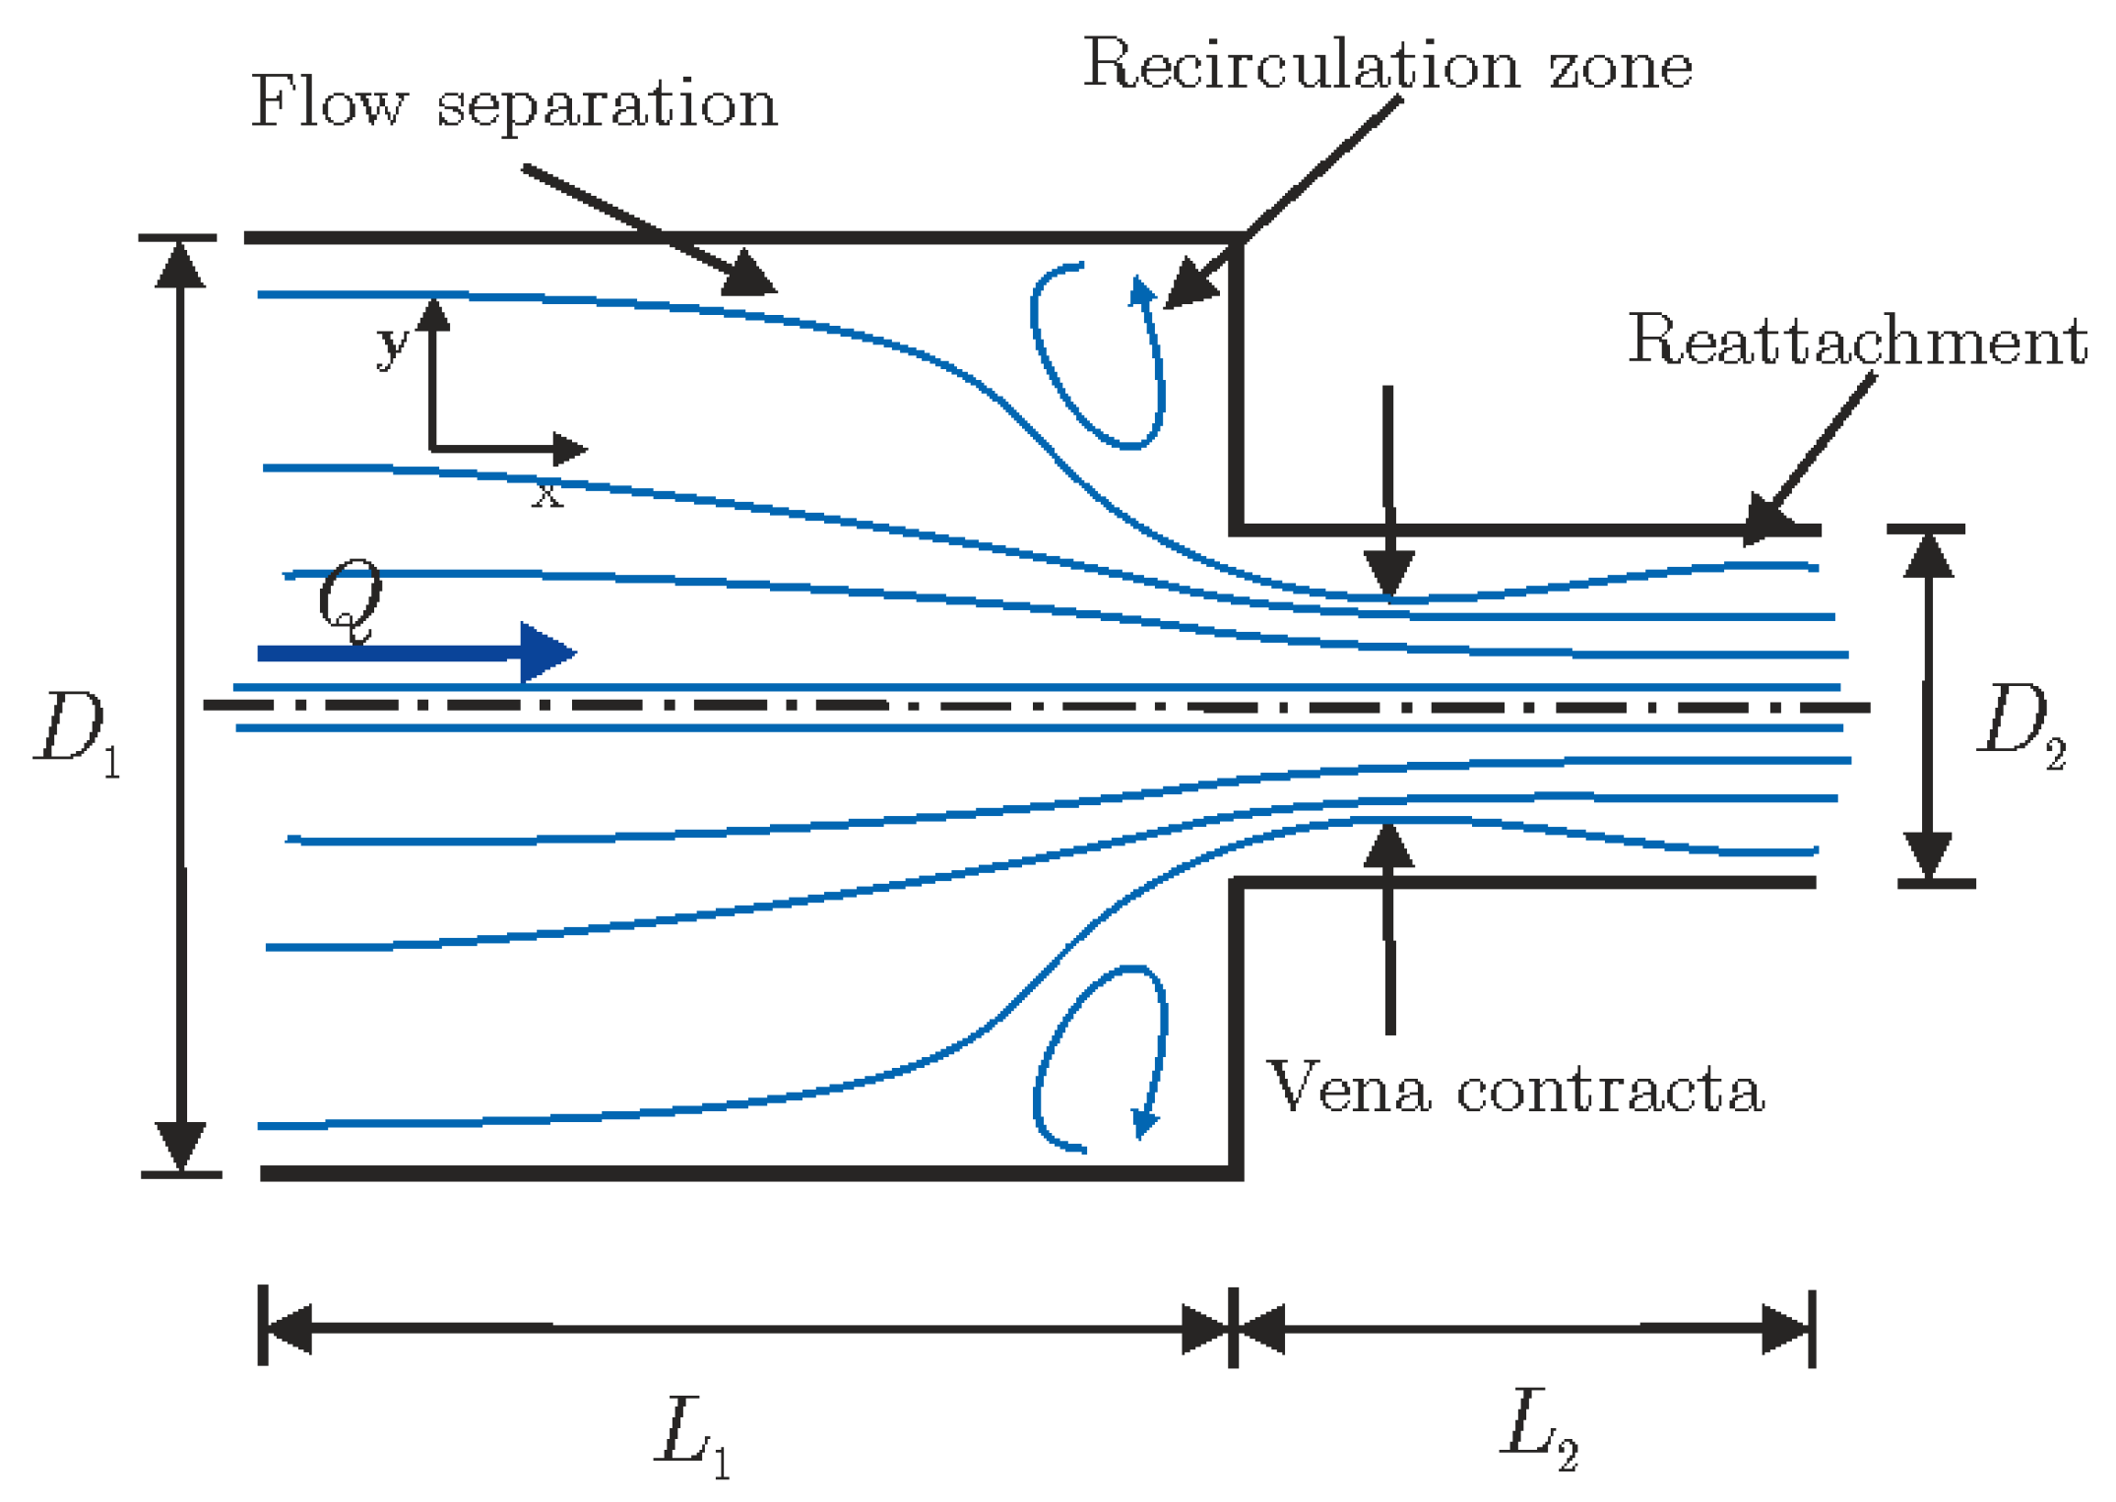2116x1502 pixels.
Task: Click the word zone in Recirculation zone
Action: click(x=1620, y=67)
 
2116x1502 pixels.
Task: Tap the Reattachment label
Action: click(x=1857, y=341)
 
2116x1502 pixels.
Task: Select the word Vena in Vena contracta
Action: click(x=1348, y=1090)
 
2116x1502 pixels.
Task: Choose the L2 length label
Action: click(x=1540, y=1427)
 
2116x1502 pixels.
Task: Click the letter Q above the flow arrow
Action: click(x=350, y=597)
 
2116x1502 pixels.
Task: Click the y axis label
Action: click(x=392, y=344)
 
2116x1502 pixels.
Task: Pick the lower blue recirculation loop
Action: click(x=1098, y=1059)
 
